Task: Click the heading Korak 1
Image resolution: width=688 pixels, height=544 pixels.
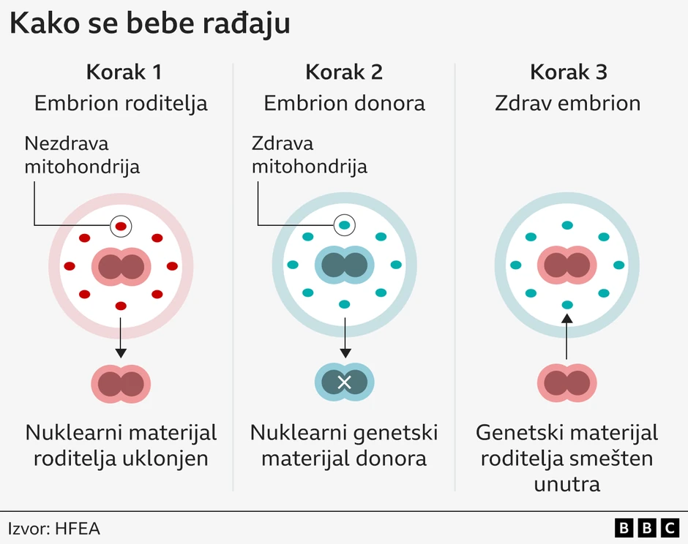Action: click(124, 72)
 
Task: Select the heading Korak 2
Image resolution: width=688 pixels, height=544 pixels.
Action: click(344, 72)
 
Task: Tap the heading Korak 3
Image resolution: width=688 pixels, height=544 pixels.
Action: click(568, 72)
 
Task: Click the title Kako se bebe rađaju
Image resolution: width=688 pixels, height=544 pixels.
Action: click(150, 23)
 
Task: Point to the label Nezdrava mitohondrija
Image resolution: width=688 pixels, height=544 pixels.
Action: click(82, 155)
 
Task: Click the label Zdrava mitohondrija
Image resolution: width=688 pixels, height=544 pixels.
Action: click(309, 155)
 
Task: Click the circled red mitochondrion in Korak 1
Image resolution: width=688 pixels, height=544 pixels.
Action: click(121, 227)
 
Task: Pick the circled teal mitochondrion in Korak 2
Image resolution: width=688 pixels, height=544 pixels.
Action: click(344, 225)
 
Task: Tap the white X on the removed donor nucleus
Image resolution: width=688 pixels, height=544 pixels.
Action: click(344, 382)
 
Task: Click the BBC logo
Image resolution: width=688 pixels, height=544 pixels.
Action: click(647, 528)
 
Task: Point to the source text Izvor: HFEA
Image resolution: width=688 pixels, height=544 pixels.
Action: click(54, 528)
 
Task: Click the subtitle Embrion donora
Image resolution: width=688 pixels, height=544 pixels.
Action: click(344, 103)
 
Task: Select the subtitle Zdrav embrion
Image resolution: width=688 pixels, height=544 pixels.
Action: click(568, 103)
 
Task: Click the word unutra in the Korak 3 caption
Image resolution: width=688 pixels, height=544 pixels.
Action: click(567, 483)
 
